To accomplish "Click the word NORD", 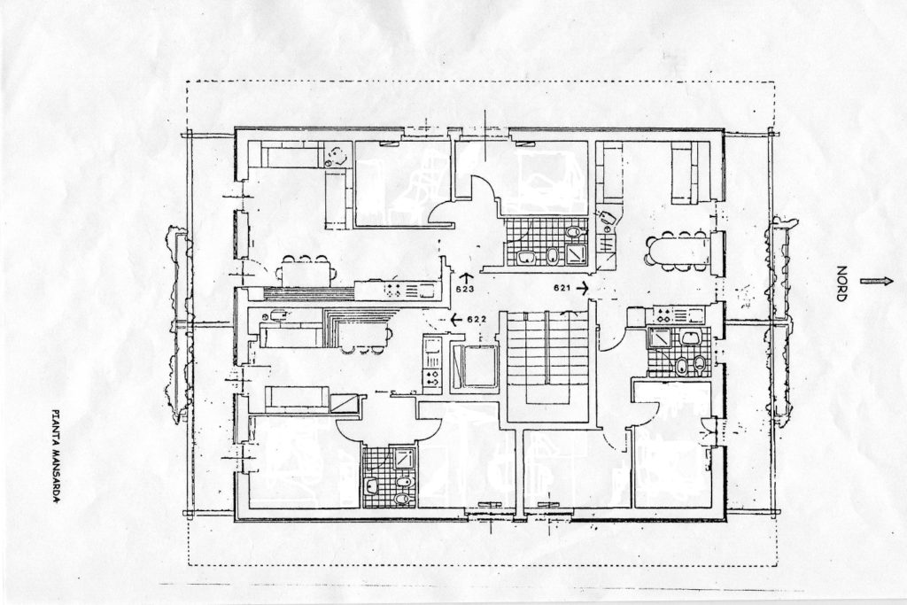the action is [x=841, y=284].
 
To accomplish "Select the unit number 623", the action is [x=464, y=289].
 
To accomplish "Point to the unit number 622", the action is [x=476, y=317].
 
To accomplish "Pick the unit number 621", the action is [x=562, y=287].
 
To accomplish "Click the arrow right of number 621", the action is [x=582, y=286].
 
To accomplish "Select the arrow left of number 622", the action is [x=456, y=318].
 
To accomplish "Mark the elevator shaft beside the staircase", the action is [x=475, y=367].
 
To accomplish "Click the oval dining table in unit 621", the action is [x=678, y=251].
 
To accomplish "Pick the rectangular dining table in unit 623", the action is [x=306, y=271].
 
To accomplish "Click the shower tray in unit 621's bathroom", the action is [x=659, y=337].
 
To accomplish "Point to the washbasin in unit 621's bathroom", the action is [x=689, y=337].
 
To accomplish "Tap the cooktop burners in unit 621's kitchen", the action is [x=663, y=316].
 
